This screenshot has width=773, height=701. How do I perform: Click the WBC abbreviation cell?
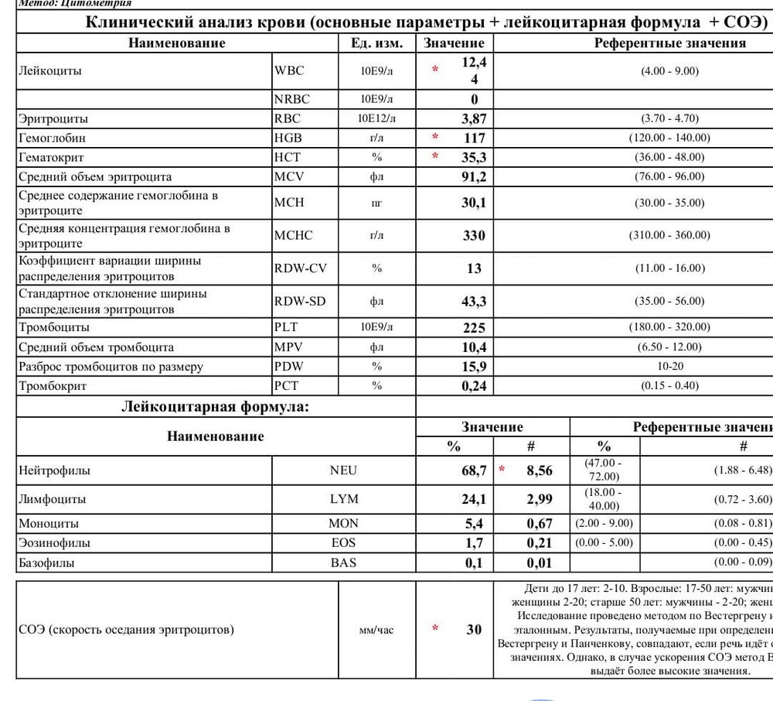click(290, 70)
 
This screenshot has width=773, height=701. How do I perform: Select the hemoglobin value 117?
click(474, 138)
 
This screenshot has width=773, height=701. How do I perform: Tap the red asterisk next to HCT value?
click(435, 157)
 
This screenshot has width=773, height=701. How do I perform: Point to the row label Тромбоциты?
click(53, 327)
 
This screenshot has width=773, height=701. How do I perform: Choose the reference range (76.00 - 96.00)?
click(669, 176)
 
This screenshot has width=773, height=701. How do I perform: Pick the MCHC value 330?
click(474, 235)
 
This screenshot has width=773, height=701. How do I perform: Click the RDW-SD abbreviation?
click(300, 301)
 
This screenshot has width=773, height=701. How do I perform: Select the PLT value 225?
click(474, 327)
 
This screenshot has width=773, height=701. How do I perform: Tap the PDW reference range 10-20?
click(669, 366)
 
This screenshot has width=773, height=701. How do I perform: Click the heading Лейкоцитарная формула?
click(215, 406)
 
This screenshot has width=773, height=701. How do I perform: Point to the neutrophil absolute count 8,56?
click(539, 470)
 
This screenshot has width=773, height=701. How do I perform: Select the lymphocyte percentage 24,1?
click(474, 499)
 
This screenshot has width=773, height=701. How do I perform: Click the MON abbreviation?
click(343, 523)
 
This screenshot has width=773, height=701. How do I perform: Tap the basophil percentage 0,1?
click(474, 563)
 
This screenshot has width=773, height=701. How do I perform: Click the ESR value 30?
click(474, 629)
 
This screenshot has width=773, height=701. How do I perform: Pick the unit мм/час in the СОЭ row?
click(376, 630)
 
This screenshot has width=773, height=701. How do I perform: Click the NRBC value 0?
click(474, 99)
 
